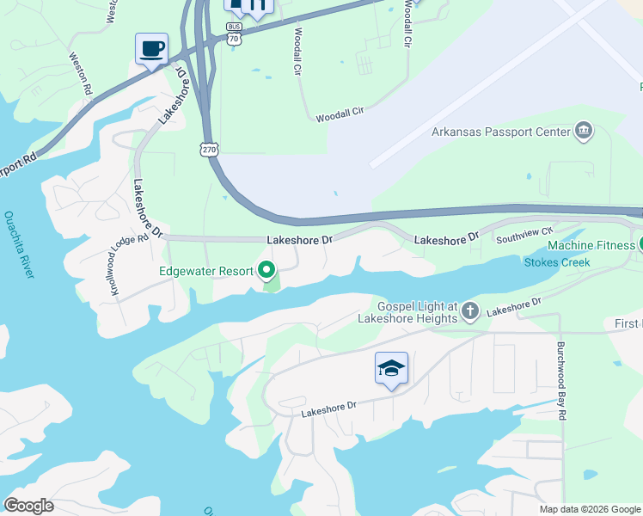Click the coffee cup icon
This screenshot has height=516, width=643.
pyautogui.click(x=151, y=48)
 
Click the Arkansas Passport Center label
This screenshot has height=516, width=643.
pyautogui.click(x=500, y=132)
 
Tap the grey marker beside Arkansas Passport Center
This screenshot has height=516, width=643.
pyautogui.click(x=584, y=131)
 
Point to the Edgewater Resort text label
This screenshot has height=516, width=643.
pyautogui.click(x=205, y=271)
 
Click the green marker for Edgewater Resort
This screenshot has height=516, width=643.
pyautogui.click(x=266, y=272)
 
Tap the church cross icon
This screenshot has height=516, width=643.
pyautogui.click(x=470, y=310)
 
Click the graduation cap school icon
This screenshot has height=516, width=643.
pyautogui.click(x=391, y=369)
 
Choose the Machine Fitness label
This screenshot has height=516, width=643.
pyautogui.click(x=590, y=245)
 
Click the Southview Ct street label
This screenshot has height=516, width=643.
pyautogui.click(x=524, y=232)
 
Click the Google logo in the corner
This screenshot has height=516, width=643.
pyautogui.click(x=28, y=506)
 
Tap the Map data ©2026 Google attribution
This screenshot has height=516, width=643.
pyautogui.click(x=589, y=509)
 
